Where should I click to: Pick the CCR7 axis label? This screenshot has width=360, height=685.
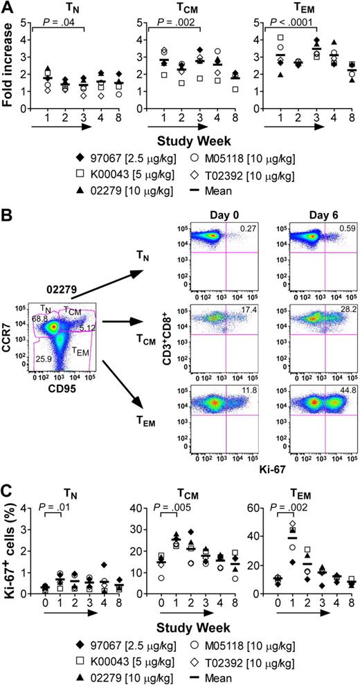point(9,340)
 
